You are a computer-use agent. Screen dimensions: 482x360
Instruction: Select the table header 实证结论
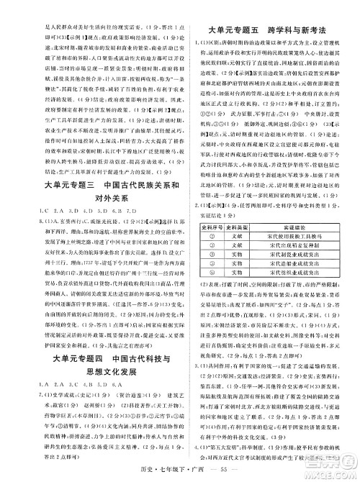pos(303,227)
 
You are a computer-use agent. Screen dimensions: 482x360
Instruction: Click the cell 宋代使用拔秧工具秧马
pos(303,236)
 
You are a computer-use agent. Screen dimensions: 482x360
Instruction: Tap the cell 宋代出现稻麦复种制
pos(303,245)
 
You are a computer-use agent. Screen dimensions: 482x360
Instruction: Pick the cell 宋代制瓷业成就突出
pos(303,255)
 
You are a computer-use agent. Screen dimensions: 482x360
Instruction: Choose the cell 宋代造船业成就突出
pos(303,264)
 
